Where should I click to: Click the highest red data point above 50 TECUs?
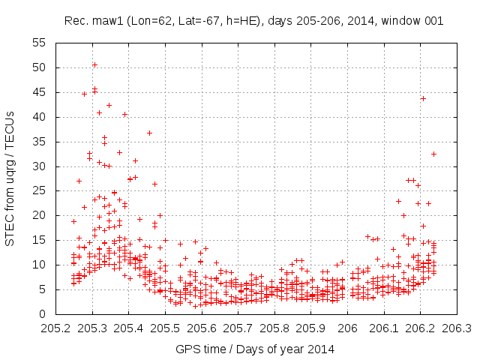click(x=94, y=64)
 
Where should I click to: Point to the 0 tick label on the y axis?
click(x=43, y=314)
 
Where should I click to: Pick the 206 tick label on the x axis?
click(x=347, y=328)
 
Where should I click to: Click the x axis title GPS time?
click(x=255, y=349)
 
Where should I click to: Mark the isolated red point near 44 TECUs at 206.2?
click(x=423, y=98)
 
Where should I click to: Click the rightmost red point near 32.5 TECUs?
click(x=433, y=154)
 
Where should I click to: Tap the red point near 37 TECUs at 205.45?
click(x=149, y=133)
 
